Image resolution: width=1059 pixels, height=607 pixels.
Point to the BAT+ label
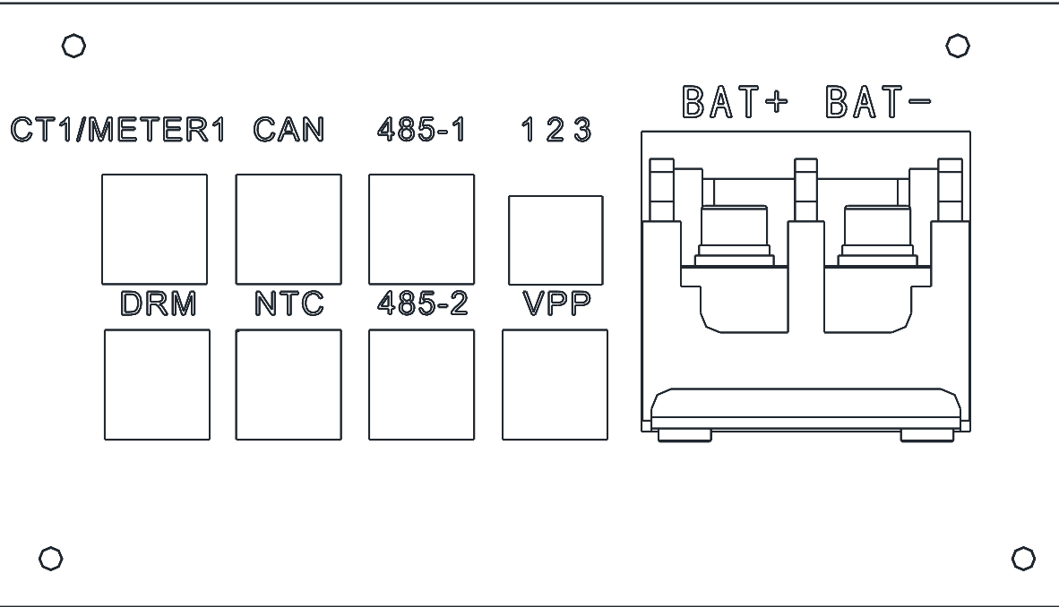coord(735,103)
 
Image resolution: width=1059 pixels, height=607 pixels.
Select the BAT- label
coord(876,103)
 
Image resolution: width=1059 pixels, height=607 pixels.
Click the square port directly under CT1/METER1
coord(154,228)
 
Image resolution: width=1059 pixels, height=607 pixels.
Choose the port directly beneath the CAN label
coord(288,228)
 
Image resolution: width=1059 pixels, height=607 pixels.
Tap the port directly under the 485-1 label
coord(421,228)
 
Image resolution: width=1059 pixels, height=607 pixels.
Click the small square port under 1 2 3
coord(555,240)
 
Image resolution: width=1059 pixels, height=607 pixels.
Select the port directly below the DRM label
coord(158,385)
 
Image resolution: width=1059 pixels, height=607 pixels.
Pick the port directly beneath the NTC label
coord(288,385)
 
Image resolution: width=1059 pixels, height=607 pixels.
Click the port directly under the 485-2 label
coord(421,385)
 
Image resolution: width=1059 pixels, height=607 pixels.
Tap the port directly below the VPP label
coord(555,385)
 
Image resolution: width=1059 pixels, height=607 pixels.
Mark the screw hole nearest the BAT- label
coord(956,45)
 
